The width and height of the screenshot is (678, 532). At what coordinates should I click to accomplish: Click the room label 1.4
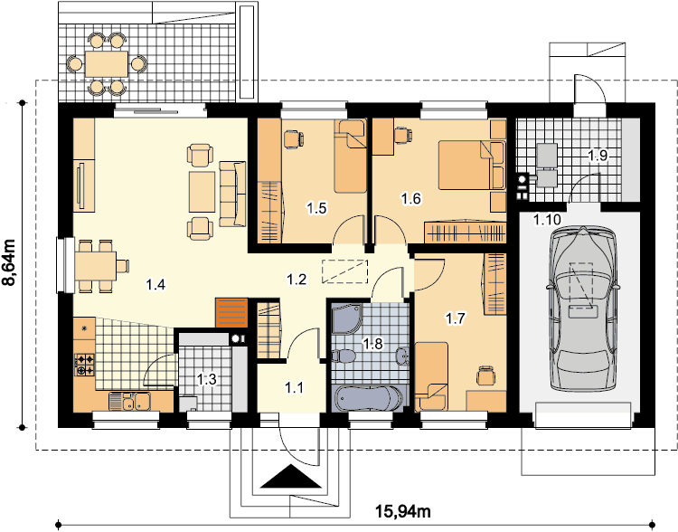155,285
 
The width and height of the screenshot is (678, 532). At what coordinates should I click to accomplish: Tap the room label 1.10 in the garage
547,220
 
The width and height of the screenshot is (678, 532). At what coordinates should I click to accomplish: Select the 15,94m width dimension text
402,512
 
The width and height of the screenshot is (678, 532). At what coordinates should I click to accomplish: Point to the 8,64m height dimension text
9,262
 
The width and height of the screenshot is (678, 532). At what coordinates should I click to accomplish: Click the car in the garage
583,309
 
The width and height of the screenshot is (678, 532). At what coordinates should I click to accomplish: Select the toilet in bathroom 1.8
344,356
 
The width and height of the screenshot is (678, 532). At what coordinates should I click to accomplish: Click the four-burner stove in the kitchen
85,365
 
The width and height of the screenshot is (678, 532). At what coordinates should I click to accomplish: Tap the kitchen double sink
129,402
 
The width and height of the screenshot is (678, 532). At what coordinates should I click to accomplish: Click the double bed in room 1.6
472,165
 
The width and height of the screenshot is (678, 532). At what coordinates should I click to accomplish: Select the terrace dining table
107,64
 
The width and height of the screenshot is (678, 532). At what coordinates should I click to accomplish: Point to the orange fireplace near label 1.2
231,312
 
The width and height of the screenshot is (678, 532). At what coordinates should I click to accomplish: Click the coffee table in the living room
202,192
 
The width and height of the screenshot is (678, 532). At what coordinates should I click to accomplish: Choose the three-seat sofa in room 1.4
232,194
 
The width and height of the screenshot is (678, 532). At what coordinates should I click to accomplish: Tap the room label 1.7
456,319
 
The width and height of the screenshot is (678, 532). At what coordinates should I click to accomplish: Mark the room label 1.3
207,380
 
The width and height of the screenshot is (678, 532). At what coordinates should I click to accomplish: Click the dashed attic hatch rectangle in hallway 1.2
344,271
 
